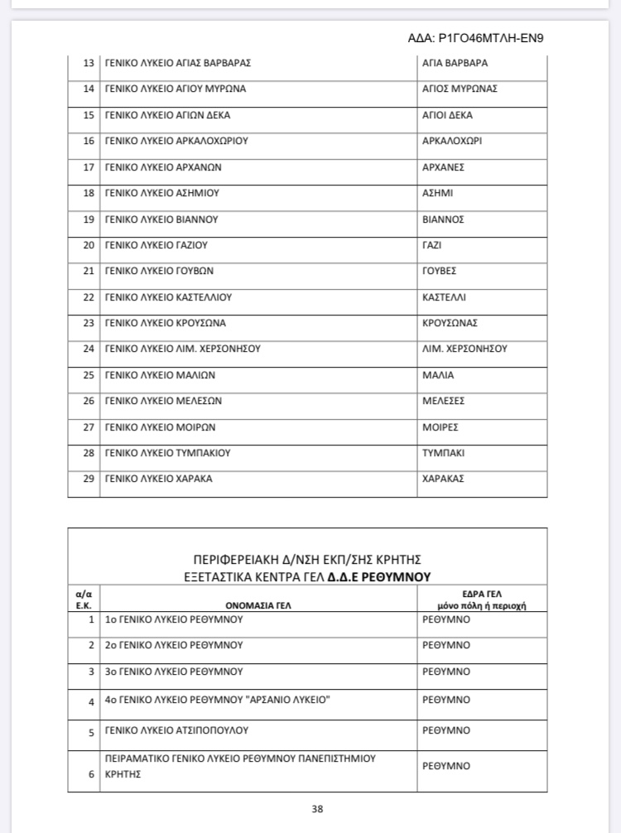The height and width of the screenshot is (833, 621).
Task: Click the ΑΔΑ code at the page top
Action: pos(475,38)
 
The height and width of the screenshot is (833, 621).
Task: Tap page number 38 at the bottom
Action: pos(317,809)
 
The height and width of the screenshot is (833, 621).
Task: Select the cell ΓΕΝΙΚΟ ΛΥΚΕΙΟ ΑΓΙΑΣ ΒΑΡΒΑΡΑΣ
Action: pos(178,63)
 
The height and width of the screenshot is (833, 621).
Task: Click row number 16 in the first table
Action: pos(89,141)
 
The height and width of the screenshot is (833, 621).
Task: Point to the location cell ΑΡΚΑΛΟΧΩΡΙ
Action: pos(452,141)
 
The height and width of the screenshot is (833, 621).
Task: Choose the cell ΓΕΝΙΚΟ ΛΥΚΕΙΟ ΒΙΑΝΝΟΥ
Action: pos(161,219)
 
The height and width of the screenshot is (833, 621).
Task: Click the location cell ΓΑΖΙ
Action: pos(432,245)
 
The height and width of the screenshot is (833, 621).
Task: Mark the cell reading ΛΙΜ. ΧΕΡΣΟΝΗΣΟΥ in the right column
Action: pos(465,349)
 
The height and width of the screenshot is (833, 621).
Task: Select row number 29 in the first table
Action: pos(89,479)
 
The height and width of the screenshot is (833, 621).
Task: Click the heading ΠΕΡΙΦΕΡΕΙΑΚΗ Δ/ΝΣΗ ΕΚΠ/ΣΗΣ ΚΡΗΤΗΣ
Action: pos(307,559)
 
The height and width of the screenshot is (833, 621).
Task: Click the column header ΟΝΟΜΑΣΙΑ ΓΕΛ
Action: pos(258,605)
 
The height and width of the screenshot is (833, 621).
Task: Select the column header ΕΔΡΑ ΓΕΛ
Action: pos(484,594)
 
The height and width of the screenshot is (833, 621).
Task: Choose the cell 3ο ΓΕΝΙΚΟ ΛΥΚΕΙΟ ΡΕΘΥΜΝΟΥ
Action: pos(174,672)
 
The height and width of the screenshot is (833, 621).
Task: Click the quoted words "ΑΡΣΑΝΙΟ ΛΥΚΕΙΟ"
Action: pos(289,701)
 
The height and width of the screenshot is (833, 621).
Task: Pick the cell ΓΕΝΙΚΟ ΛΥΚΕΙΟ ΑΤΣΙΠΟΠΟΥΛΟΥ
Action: pos(176,730)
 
